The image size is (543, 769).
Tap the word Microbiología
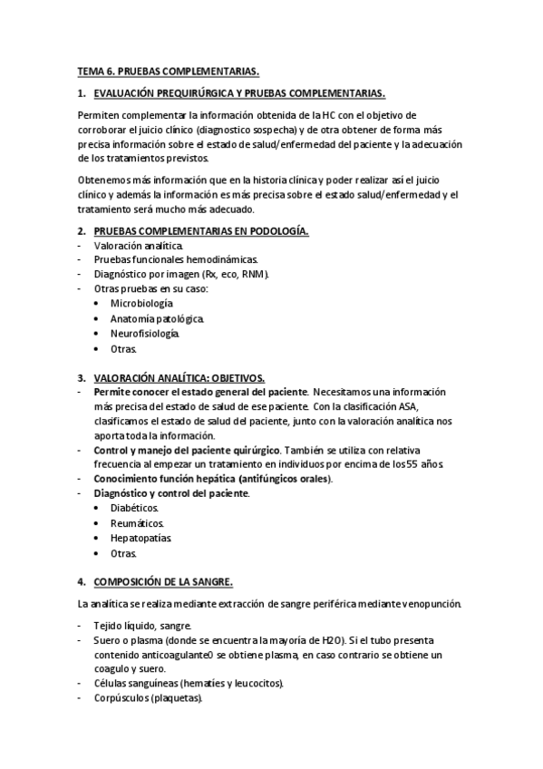click(141, 303)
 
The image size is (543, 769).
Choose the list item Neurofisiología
click(145, 333)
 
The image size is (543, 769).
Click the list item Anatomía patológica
click(157, 318)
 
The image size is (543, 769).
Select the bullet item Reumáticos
click(138, 523)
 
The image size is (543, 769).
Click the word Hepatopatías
click(141, 538)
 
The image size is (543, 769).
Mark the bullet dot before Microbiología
click(96, 303)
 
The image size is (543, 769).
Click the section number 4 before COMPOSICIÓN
click(81, 580)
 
